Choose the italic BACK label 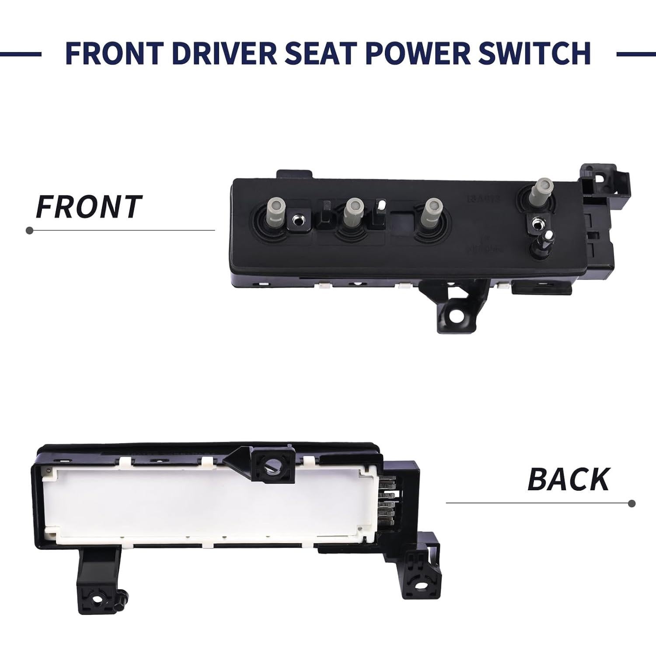(x=568, y=479)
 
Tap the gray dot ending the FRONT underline (x=30, y=230)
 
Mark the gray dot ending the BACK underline (x=631, y=503)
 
